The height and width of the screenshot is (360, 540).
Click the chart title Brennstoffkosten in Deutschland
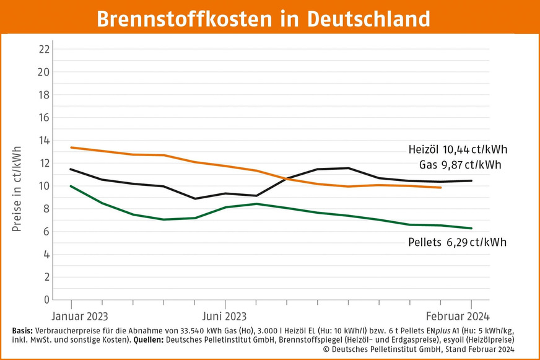coord(269,19)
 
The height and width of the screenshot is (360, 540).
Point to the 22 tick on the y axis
coord(44,49)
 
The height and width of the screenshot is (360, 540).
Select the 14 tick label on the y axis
coord(44,140)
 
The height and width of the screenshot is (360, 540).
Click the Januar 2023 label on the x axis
coord(80,315)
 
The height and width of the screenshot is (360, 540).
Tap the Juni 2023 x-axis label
coord(225,315)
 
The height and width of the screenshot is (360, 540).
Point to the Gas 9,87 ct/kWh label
coord(459,165)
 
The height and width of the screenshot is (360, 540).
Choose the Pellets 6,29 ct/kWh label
coord(458,242)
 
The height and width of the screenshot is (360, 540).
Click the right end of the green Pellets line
coord(471,228)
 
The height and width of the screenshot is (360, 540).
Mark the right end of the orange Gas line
coord(440,187)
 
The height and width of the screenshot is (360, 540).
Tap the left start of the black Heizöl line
coord(71,169)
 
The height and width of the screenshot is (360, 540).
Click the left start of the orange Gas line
coord(71,147)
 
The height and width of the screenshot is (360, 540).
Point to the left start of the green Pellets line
coord(71,186)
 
